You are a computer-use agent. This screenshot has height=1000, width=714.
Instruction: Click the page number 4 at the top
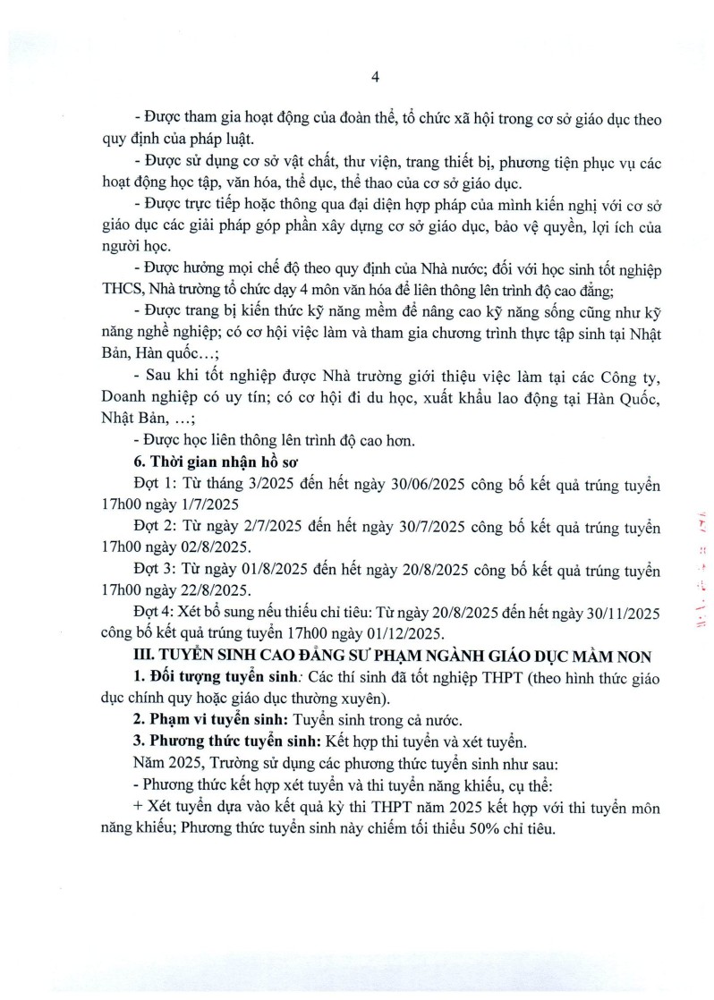click(376, 77)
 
